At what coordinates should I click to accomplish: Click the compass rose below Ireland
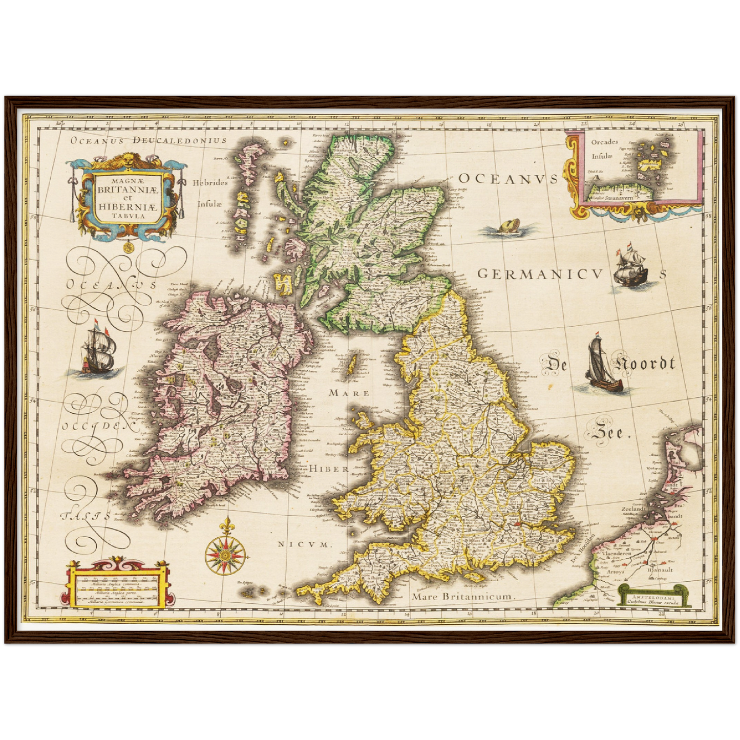click(x=226, y=554)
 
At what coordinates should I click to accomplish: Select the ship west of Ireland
click(x=98, y=350)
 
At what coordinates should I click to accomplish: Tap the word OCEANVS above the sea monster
click(x=507, y=179)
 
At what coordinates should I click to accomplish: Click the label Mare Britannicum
click(x=463, y=597)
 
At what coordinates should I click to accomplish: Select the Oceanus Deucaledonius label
click(x=148, y=140)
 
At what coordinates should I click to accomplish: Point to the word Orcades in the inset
click(x=604, y=142)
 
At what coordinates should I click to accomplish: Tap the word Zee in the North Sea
click(x=608, y=433)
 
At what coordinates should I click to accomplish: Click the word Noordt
click(x=645, y=364)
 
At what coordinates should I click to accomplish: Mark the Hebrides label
click(x=210, y=183)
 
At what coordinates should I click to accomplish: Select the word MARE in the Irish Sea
click(x=349, y=393)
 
